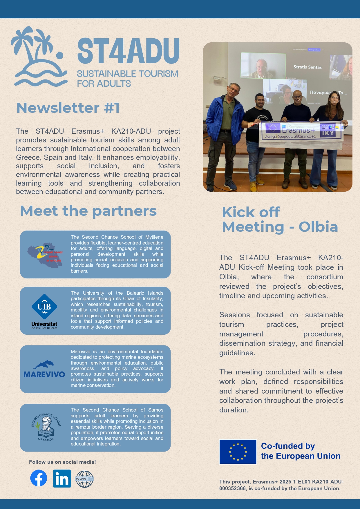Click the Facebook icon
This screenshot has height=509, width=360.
click(39, 478)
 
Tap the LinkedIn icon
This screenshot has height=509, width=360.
click(62, 478)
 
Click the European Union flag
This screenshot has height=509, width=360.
click(238, 452)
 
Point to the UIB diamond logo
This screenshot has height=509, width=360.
click(44, 307)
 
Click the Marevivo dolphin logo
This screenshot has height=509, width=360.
click(44, 369)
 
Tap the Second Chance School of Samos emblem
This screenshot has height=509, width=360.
click(46, 427)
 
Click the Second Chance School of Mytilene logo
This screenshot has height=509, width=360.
click(45, 255)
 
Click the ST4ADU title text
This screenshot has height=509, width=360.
click(128, 51)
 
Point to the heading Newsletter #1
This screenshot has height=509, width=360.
click(68, 108)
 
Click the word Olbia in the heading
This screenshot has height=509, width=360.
click(318, 227)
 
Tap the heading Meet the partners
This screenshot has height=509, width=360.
click(88, 211)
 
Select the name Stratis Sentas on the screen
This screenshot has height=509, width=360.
click(307, 67)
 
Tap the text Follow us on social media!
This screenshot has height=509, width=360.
click(62, 462)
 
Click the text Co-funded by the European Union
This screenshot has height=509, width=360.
click(301, 451)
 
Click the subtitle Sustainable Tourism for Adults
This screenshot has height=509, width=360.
click(127, 79)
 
